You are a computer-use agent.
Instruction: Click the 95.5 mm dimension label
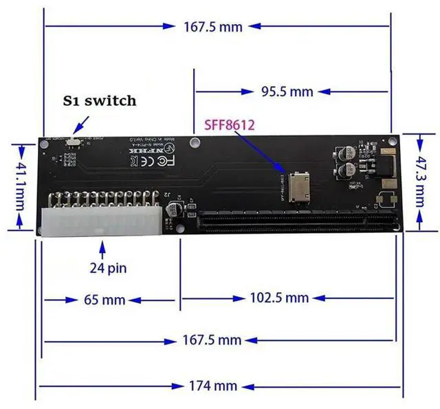click(288, 91)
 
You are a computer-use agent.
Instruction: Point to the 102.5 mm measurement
click(278, 298)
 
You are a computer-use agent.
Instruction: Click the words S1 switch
click(100, 100)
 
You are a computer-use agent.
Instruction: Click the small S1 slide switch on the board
click(74, 141)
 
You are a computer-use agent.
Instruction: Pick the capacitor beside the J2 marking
click(178, 208)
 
